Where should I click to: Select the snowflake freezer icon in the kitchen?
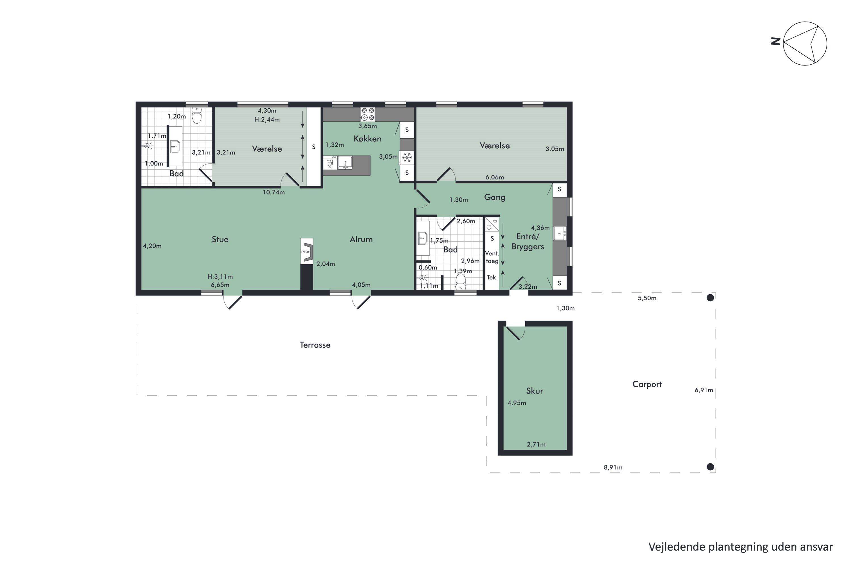[x=407, y=158]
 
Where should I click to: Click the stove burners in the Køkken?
[x=368, y=114]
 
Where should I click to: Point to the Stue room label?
[x=220, y=239]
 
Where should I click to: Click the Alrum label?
[x=361, y=239]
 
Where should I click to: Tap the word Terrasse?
[x=315, y=345]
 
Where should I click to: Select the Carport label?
[x=647, y=384]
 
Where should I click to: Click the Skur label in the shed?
[x=534, y=391]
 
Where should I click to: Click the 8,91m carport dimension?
[x=613, y=467]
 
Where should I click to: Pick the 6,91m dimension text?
[x=704, y=390]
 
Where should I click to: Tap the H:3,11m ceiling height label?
[x=220, y=277]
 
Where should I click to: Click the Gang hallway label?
[x=495, y=197]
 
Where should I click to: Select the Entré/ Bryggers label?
[x=528, y=242]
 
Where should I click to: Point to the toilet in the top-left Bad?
[x=197, y=115]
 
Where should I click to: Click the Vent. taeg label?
[x=492, y=257]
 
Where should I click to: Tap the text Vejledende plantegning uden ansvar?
[x=741, y=547]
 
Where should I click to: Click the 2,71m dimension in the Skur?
[x=536, y=445]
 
